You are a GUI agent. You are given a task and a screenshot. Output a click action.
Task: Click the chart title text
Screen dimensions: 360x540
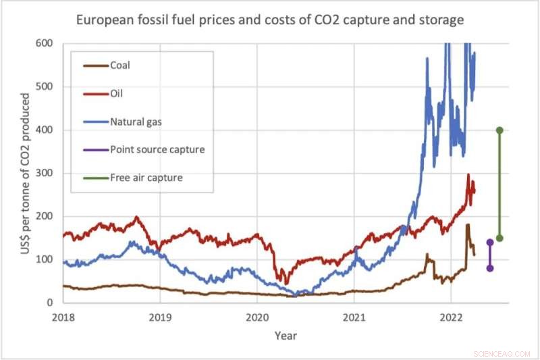click(x=271, y=20)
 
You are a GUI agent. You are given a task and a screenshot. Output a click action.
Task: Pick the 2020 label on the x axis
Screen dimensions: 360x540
click(x=256, y=316)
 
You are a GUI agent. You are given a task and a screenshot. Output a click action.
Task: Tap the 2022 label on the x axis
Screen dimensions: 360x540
click(x=451, y=316)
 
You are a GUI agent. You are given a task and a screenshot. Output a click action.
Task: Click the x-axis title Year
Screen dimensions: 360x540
click(x=286, y=335)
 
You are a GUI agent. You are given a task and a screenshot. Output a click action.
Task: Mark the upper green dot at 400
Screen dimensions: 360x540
click(x=500, y=130)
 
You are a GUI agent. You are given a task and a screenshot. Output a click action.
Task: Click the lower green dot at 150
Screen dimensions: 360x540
click(x=500, y=238)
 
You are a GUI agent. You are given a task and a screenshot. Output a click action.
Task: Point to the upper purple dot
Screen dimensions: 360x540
click(x=490, y=242)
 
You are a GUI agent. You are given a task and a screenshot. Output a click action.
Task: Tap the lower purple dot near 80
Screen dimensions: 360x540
click(x=490, y=268)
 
